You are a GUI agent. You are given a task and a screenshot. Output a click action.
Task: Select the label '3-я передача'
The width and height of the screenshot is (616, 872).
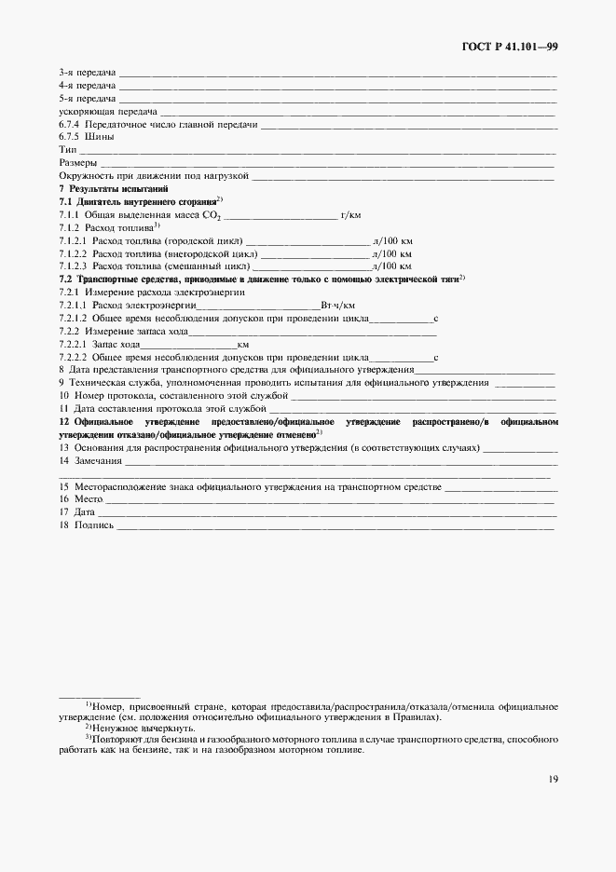click(x=87, y=72)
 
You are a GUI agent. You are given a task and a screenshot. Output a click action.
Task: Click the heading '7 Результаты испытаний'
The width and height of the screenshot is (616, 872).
click(x=108, y=188)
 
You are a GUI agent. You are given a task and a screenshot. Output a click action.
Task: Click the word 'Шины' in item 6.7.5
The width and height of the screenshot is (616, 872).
click(x=100, y=136)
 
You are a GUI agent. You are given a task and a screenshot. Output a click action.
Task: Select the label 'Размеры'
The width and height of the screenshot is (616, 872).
click(x=78, y=162)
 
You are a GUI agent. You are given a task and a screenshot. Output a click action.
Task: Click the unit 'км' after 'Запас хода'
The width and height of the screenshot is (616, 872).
click(x=243, y=344)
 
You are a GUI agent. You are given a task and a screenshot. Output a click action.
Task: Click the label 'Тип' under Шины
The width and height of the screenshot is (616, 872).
click(x=67, y=149)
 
